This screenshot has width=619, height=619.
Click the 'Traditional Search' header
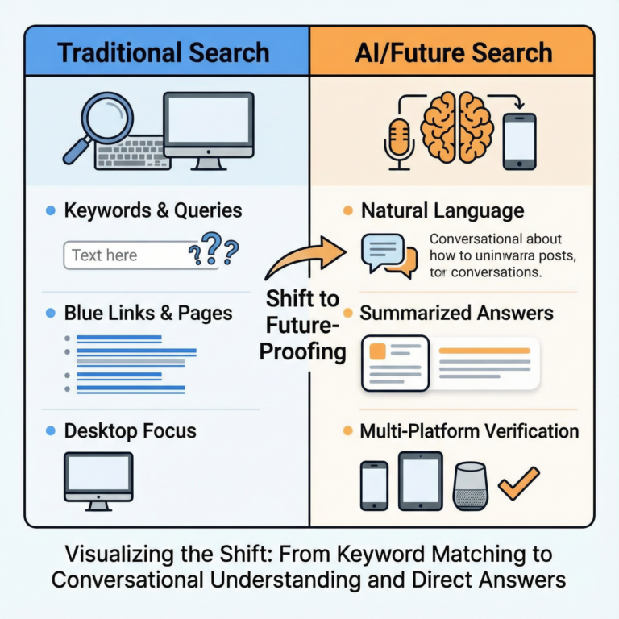tap(163, 53)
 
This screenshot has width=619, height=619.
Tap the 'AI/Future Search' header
tap(454, 53)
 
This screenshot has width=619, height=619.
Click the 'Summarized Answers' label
tap(456, 314)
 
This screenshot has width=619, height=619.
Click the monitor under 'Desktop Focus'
tap(98, 480)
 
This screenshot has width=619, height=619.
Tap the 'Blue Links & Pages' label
tap(148, 314)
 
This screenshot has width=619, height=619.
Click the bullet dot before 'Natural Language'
tap(347, 211)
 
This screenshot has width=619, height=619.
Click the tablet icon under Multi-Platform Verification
tap(420, 481)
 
